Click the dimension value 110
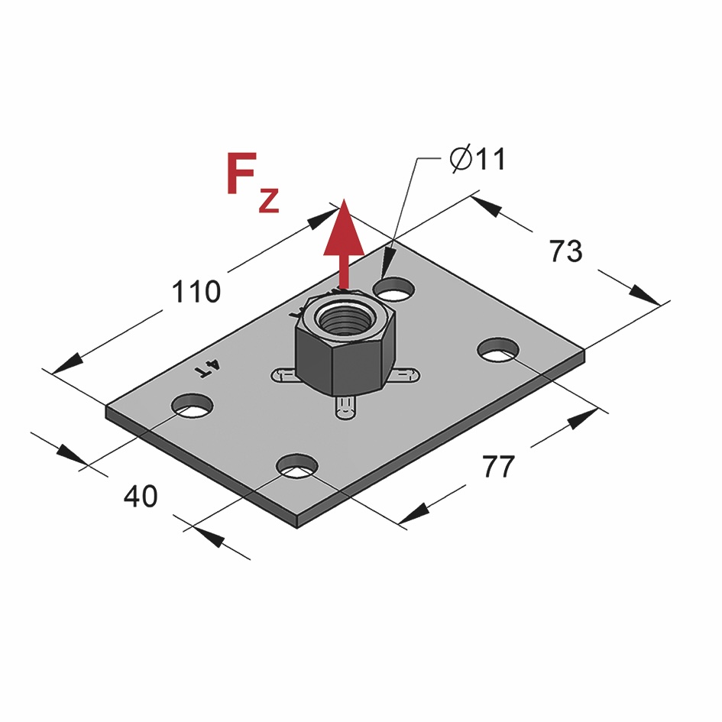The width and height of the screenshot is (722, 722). tap(196, 292)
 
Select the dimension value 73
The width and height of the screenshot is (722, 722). tap(566, 251)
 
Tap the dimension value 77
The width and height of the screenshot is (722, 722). tap(499, 466)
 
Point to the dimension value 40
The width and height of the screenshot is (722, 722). tap(141, 497)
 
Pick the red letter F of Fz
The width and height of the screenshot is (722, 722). tap(241, 175)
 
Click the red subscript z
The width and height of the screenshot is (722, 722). tap(269, 200)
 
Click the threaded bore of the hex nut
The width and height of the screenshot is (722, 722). tap(342, 316)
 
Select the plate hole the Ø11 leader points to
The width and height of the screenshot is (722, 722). tap(394, 289)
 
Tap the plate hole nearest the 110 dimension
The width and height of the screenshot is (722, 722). tap(192, 405)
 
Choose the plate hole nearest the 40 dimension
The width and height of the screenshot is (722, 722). tap(297, 465)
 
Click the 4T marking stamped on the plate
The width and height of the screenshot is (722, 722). tap(208, 369)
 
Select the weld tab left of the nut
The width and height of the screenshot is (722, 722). tap(282, 374)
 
